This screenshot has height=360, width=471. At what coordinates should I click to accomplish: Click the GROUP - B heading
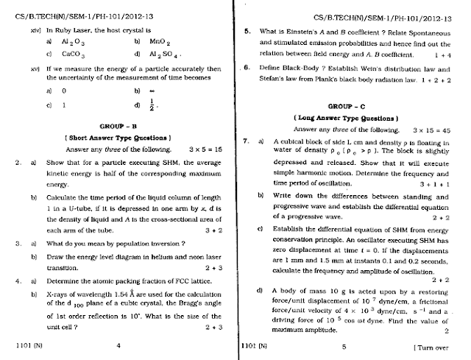[x=117, y=126]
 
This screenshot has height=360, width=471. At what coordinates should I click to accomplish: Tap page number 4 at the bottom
[x=118, y=345]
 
